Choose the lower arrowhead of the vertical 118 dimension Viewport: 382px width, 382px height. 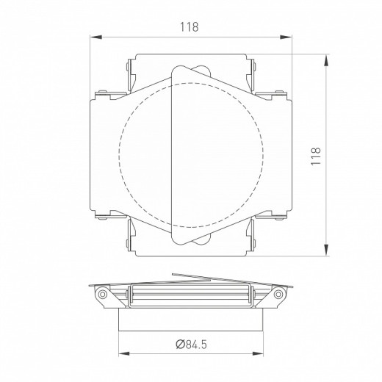[x=325, y=254]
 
